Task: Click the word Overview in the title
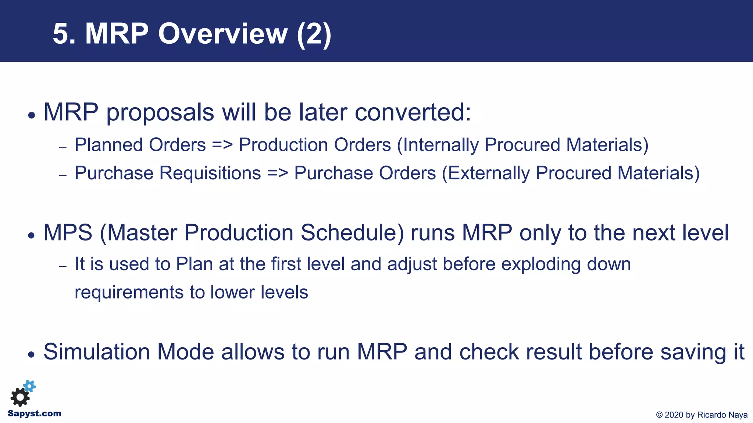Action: coord(222,34)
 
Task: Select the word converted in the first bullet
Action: coord(412,112)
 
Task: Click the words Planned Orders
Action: coord(140,145)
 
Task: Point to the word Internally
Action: coord(441,145)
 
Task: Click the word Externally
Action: coord(489,173)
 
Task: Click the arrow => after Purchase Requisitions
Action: coord(278,173)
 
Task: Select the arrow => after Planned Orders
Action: coord(222,145)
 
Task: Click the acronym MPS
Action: coord(68,233)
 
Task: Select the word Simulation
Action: coord(97,352)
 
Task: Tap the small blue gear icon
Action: coord(29,386)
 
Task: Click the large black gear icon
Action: coord(20,397)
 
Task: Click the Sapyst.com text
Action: coord(35,413)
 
